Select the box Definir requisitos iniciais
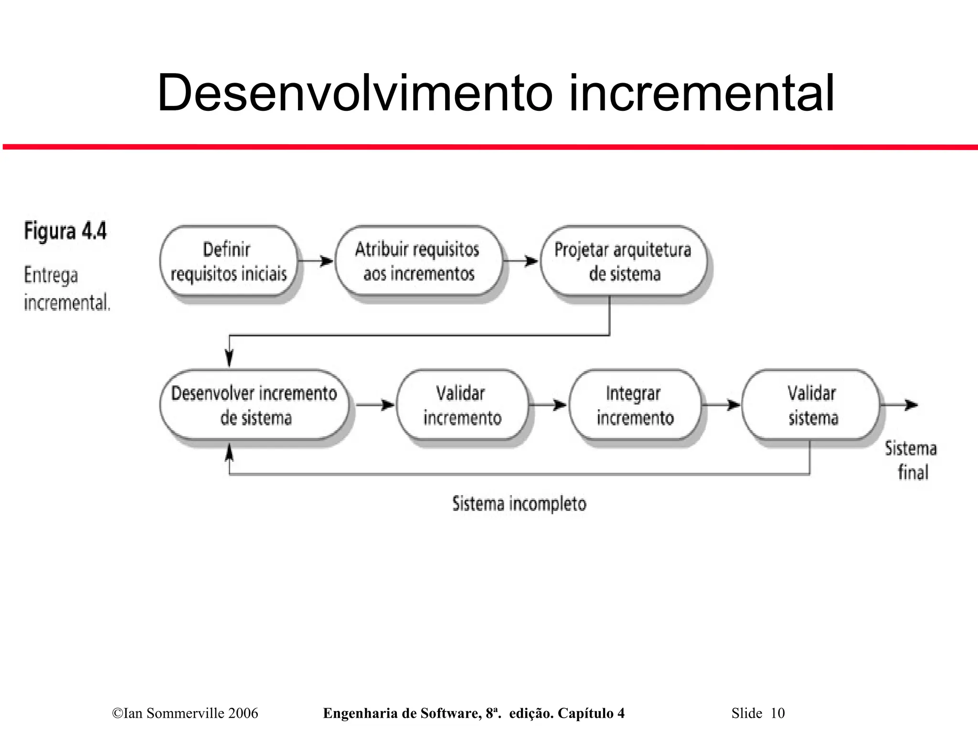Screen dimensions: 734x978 228,261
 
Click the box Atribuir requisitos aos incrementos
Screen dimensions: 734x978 418,261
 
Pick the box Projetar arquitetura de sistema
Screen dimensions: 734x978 623,261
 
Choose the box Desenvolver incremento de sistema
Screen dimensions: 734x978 254,405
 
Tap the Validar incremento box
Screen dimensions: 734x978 462,405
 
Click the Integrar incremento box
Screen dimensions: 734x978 635,405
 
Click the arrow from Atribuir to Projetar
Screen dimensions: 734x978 521,261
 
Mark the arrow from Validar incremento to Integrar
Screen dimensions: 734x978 548,405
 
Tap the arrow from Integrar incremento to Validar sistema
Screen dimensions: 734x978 721,405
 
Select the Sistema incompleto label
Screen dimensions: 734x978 519,504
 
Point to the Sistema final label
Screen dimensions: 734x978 911,460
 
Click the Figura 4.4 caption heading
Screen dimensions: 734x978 65,232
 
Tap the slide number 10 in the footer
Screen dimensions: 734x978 777,713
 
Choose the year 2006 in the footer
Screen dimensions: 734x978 243,713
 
